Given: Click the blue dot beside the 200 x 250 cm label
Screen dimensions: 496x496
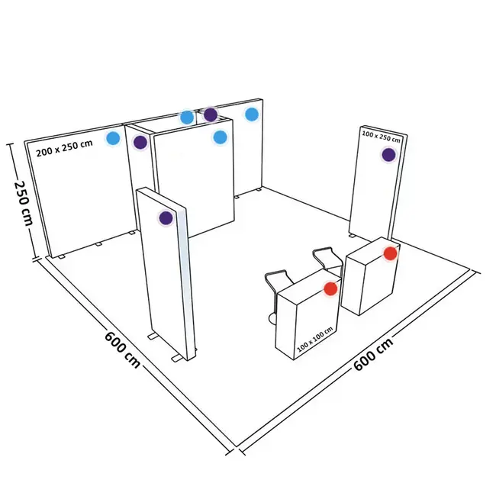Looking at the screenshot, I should pyautogui.click(x=114, y=138).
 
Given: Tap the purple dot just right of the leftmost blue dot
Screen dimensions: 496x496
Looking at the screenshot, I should pyautogui.click(x=140, y=142).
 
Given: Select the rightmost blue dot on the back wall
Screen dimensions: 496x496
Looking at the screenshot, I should pyautogui.click(x=252, y=114).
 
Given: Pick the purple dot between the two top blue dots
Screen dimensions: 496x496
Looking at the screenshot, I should pyautogui.click(x=211, y=115).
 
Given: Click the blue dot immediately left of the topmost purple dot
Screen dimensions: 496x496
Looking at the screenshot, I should pyautogui.click(x=186, y=117).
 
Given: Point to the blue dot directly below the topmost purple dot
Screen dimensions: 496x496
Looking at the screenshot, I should pyautogui.click(x=221, y=137).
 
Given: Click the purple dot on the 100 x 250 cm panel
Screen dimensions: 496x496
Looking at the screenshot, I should pyautogui.click(x=388, y=154).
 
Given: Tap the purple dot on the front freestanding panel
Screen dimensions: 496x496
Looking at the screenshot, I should pyautogui.click(x=166, y=218).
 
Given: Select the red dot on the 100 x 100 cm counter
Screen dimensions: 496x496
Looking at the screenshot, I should pyautogui.click(x=330, y=288).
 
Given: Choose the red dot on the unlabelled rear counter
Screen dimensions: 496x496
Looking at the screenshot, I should pyautogui.click(x=390, y=253).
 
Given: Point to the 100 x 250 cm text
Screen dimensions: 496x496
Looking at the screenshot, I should pyautogui.click(x=380, y=137).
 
